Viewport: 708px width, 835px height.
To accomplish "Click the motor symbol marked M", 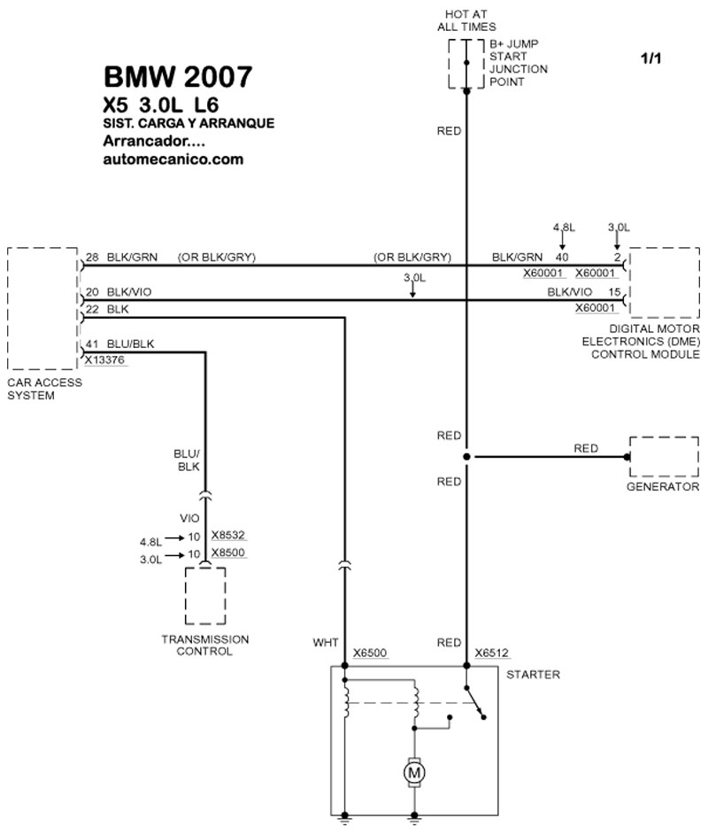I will (x=413, y=775).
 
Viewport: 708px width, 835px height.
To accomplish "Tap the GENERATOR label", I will (x=664, y=487).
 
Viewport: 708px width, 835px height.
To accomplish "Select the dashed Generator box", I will (x=664, y=457).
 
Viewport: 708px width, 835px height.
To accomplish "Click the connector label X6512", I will (x=491, y=653).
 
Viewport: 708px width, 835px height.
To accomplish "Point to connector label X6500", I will (x=369, y=653).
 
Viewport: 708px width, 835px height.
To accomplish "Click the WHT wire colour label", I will (x=326, y=642).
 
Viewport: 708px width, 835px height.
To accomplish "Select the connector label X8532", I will (x=227, y=536).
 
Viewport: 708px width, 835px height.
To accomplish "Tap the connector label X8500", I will (x=227, y=553).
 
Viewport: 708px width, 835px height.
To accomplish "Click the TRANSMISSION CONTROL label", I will (x=204, y=645).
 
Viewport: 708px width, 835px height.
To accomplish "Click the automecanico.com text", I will (x=173, y=160).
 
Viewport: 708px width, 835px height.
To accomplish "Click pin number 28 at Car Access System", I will (x=91, y=258).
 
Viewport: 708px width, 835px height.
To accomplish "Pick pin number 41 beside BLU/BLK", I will (x=91, y=344).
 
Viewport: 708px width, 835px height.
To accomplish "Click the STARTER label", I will (x=533, y=675).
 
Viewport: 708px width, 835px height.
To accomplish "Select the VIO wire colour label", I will (x=190, y=518).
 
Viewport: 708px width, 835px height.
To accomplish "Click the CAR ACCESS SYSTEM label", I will (x=44, y=389).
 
